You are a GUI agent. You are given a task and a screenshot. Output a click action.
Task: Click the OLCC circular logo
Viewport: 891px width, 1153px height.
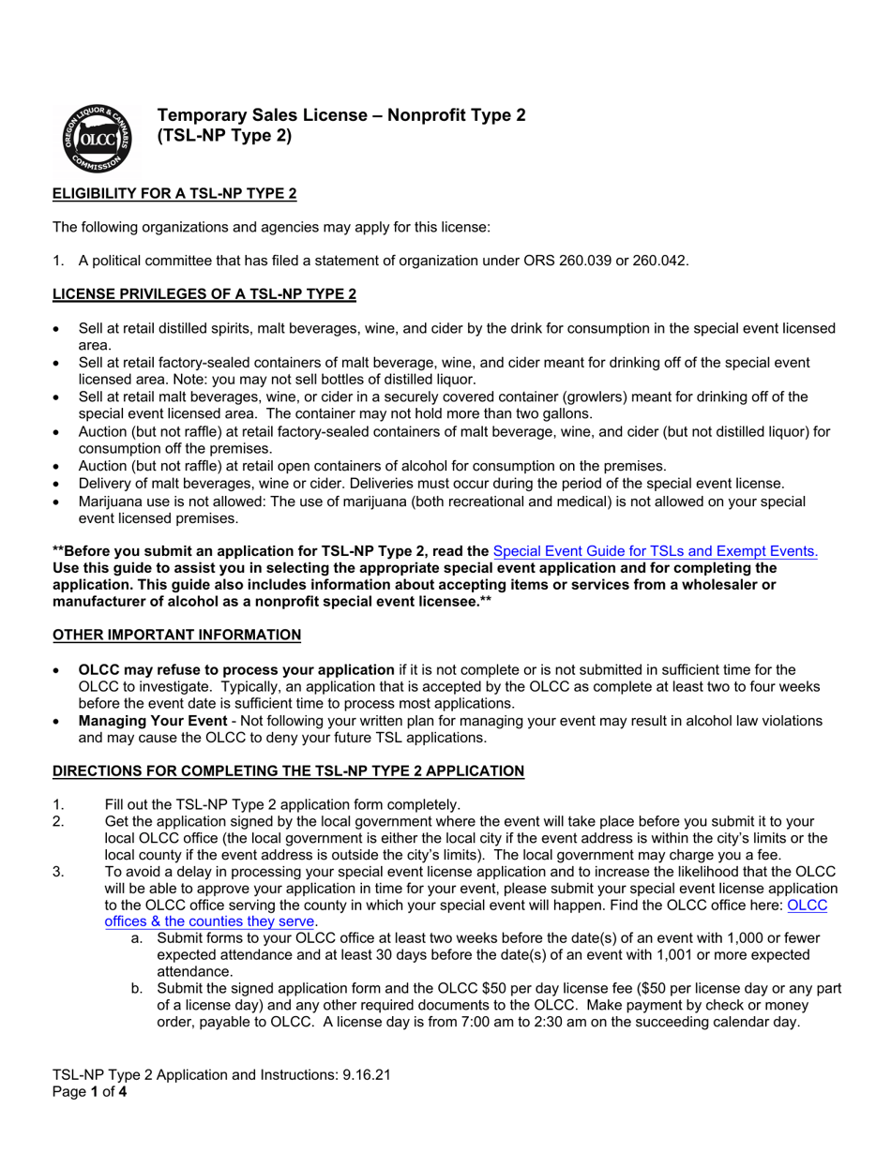click(x=96, y=139)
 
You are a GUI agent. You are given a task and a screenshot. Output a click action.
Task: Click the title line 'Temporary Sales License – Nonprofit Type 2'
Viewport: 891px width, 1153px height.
click(x=341, y=115)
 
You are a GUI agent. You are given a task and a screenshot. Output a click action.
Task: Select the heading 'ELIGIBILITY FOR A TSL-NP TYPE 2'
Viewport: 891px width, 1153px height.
click(x=174, y=194)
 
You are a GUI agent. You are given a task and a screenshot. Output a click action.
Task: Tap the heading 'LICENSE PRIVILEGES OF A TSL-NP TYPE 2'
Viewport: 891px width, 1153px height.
click(x=204, y=294)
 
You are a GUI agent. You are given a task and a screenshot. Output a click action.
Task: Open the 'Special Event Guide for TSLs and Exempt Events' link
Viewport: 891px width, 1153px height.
click(x=655, y=551)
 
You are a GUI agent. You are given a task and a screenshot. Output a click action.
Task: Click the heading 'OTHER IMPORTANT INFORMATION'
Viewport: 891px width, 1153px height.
click(x=176, y=635)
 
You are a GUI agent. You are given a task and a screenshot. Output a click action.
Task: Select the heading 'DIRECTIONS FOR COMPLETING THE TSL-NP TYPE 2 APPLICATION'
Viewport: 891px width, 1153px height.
click(x=288, y=771)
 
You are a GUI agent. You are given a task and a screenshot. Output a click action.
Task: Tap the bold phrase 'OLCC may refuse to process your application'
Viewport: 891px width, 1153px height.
click(x=236, y=669)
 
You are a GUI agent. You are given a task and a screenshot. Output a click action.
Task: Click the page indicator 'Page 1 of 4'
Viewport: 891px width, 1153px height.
click(x=89, y=1092)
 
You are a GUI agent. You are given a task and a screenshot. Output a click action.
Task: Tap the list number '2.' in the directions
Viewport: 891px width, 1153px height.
click(x=59, y=821)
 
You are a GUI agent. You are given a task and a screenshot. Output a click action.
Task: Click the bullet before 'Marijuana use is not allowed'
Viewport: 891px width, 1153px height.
click(x=57, y=502)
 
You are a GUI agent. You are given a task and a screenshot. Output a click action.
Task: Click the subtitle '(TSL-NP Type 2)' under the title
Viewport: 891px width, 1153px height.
click(x=224, y=136)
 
